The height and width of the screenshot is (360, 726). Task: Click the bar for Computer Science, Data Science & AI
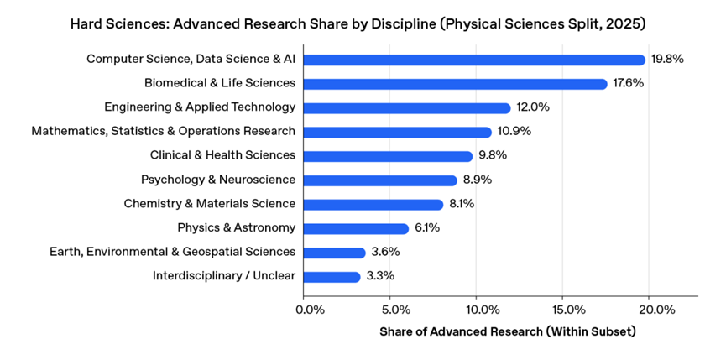474,60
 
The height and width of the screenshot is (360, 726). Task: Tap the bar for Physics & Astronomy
356,228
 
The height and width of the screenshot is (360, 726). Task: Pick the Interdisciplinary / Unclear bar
332,276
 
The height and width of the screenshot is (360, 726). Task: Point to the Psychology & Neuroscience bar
380,180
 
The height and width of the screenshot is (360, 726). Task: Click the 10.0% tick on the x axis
476,310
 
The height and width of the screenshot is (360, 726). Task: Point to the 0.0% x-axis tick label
311,310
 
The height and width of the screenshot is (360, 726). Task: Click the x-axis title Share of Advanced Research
508,331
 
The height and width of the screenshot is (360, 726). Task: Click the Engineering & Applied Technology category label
200,107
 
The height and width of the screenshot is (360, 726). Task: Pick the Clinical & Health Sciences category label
222,155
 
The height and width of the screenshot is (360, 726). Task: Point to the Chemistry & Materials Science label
209,204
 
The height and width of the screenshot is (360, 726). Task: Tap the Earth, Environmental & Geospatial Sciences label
172,252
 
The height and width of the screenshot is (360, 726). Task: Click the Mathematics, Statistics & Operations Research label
163,132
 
